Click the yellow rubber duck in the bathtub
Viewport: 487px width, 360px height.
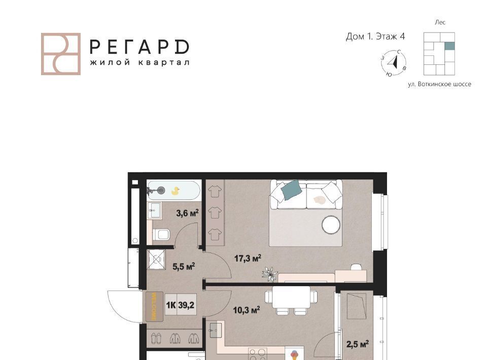click(x=176, y=191)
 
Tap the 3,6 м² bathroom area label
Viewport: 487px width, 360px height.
click(x=187, y=213)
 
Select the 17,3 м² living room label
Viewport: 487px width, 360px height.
click(x=248, y=258)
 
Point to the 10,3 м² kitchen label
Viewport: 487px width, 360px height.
click(x=247, y=310)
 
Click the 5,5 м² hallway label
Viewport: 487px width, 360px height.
click(x=184, y=266)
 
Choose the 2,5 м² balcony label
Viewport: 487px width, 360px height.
click(x=358, y=344)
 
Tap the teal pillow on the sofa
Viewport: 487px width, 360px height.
click(x=291, y=189)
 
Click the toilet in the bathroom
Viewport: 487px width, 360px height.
click(x=161, y=234)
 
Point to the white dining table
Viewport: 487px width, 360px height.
click(x=291, y=297)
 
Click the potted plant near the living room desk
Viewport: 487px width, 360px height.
click(x=269, y=274)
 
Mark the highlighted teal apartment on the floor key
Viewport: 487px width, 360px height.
click(x=449, y=46)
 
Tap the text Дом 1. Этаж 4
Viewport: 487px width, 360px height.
click(x=375, y=37)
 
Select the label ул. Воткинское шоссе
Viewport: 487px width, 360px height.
click(x=439, y=84)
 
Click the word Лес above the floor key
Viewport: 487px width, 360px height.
click(x=440, y=22)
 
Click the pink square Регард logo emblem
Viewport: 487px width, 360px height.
click(x=61, y=54)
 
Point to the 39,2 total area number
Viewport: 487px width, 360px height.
click(x=186, y=305)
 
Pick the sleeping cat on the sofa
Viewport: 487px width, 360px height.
click(x=319, y=200)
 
